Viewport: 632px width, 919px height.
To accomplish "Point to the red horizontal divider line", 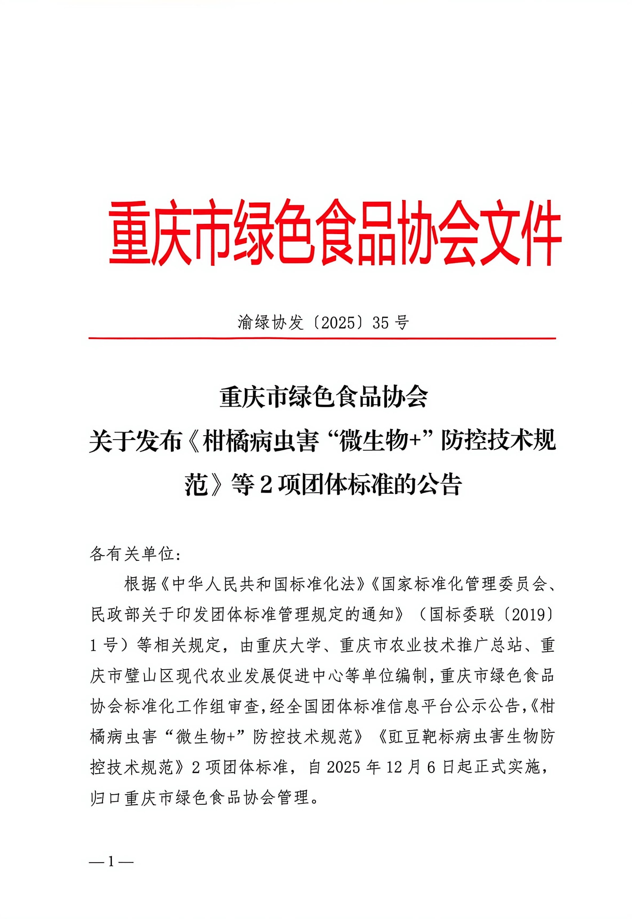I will point(322,339).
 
